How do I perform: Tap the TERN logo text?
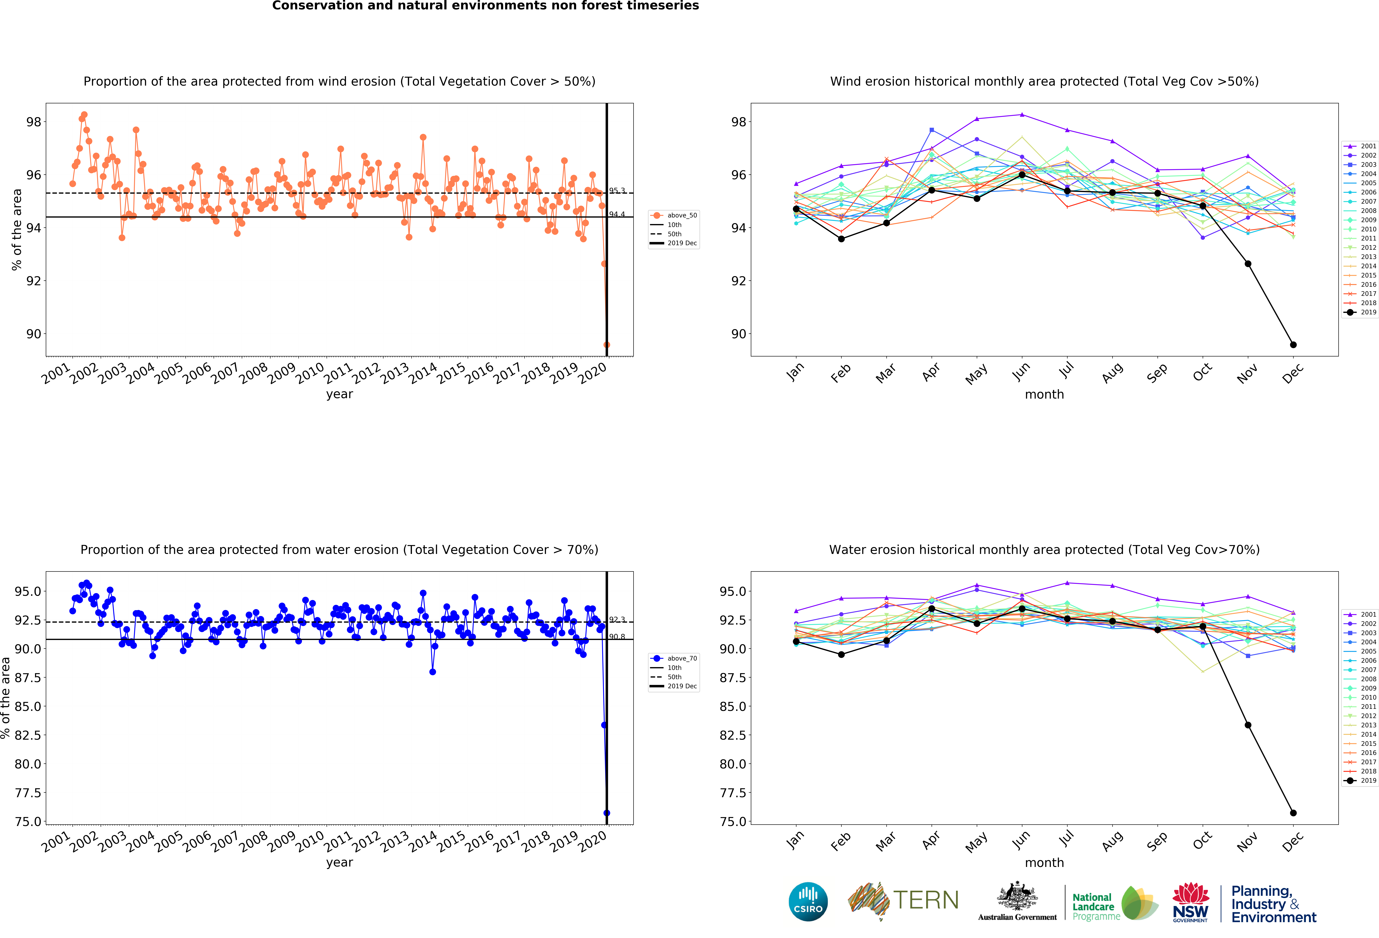pos(926,900)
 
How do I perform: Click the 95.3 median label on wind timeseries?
pos(617,191)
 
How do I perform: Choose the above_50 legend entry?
pos(674,216)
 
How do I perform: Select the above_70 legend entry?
pos(674,658)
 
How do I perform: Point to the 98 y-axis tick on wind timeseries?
pos(34,122)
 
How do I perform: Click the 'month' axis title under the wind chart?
pos(1044,394)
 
